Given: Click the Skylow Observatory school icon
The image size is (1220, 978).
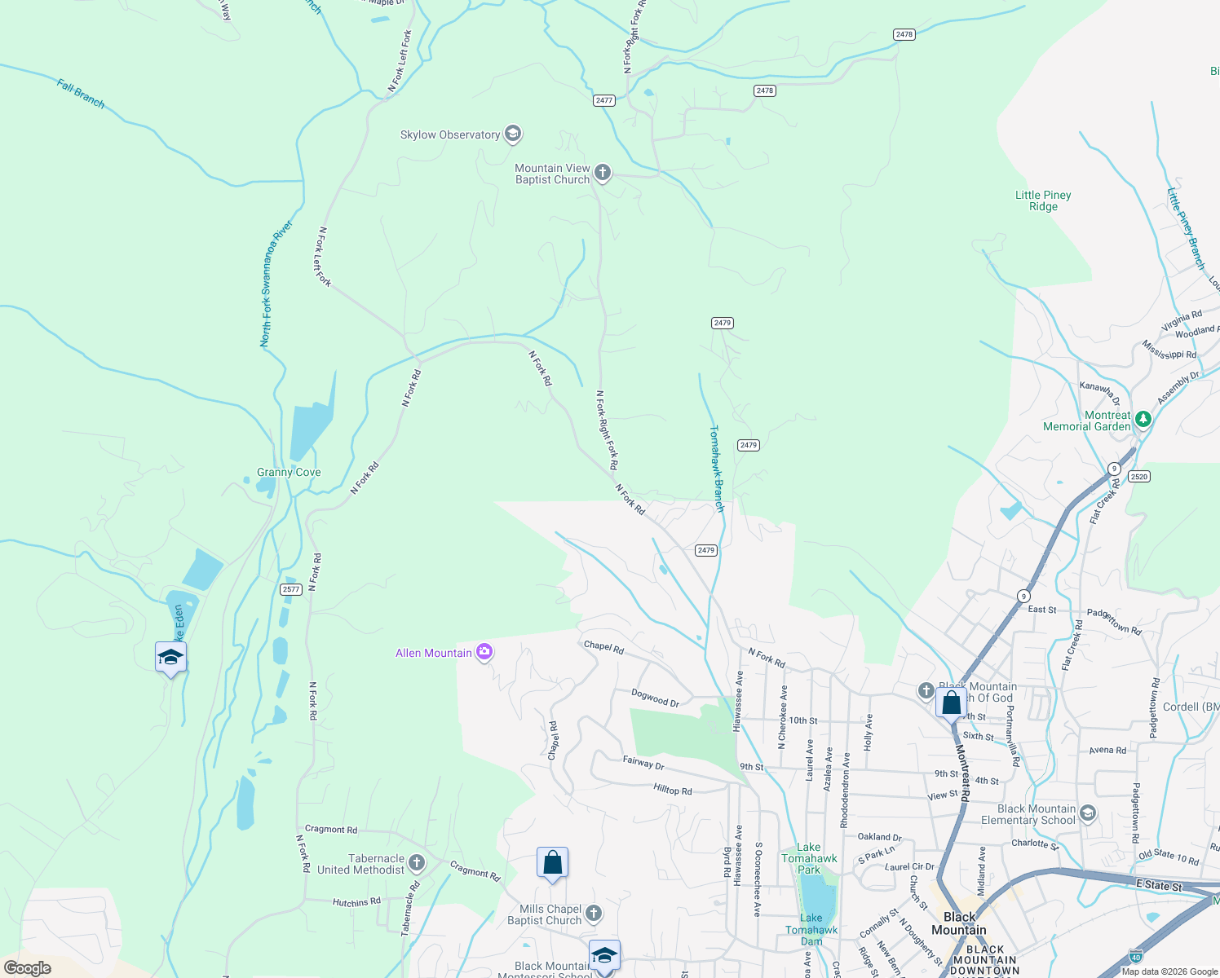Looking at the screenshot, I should pos(513,134).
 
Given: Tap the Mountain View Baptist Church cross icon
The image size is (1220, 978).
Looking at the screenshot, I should pos(603,173).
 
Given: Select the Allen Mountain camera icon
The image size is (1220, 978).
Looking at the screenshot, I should pos(484,652).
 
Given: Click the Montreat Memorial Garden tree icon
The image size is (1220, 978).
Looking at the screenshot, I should pos(1143,420).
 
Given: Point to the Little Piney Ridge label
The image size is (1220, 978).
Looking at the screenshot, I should pos(1043,200).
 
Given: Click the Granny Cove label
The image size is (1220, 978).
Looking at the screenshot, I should pos(289,472).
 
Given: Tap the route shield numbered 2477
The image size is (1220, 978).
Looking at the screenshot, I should pos(603,100).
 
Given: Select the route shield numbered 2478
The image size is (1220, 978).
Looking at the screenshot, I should pos(764,90).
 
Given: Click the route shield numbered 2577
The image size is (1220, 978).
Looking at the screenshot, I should pos(290,589).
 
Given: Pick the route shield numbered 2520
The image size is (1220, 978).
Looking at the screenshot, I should pos(1138,477).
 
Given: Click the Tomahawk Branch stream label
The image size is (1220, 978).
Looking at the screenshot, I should pos(716,468).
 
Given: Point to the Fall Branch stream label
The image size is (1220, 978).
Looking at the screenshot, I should pos(81,94).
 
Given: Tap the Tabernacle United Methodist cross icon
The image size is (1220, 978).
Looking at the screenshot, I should pos(417,863).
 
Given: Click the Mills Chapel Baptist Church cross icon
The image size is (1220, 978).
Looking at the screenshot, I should pos(594,914).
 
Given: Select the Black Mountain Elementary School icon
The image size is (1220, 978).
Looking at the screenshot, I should pos(1088,813).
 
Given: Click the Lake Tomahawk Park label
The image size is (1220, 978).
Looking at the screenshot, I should pos(809,858).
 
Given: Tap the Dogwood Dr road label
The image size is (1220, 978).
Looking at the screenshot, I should pos(655,698).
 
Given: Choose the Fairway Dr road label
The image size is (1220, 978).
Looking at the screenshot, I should pos(643,763).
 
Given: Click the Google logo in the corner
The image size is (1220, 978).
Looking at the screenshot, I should pos(27,968).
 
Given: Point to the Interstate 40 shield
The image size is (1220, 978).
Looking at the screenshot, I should pos(1135,954).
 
